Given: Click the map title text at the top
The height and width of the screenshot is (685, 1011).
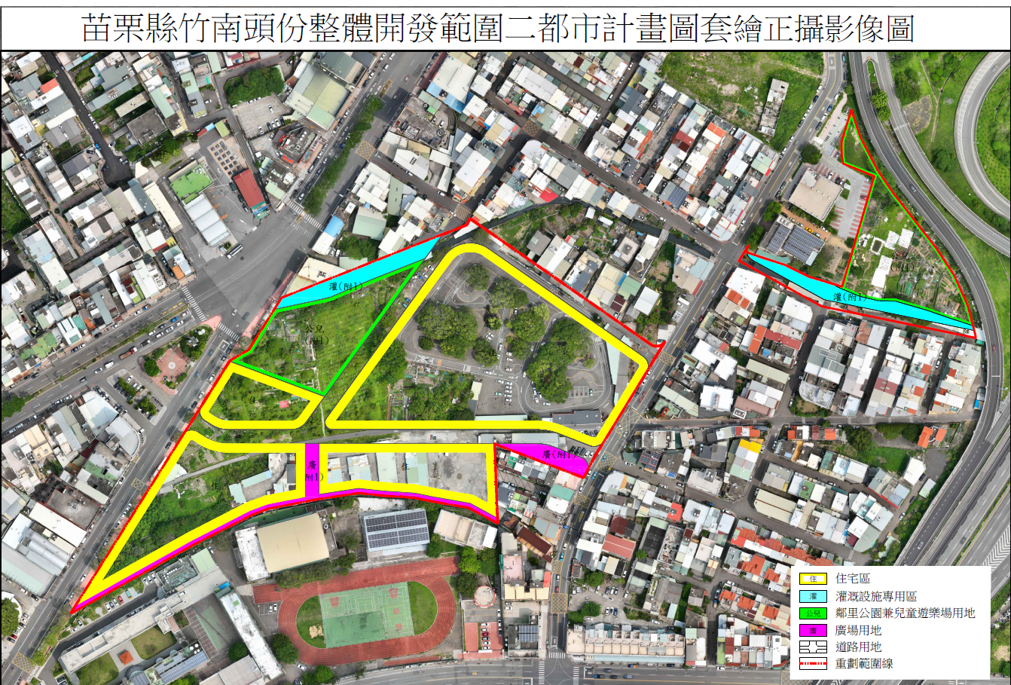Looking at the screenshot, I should tap(497, 28).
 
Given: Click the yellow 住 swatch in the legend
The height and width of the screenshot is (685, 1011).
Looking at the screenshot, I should tap(813, 579).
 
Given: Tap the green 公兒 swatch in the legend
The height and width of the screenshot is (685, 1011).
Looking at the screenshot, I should tap(813, 613).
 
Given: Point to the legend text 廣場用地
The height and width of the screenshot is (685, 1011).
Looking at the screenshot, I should tap(858, 630).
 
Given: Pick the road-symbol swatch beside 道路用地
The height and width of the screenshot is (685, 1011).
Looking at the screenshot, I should tap(813, 647).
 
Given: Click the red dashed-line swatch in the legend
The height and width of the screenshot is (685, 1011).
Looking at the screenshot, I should tap(813, 664).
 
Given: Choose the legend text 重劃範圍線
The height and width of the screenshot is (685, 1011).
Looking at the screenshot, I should tap(864, 664).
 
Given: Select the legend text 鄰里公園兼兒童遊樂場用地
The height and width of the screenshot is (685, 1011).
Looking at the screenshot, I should tap(905, 613).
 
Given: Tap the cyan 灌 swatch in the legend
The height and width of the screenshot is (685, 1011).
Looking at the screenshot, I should tap(813, 596).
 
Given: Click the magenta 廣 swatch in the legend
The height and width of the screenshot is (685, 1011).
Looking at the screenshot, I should tap(813, 630).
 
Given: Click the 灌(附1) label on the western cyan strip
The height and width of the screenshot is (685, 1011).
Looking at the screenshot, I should tap(345, 286).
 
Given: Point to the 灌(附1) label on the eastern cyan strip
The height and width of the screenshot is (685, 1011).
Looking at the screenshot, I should tap(849, 297).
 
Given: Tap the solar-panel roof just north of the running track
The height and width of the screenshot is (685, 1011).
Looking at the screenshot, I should tap(396, 529).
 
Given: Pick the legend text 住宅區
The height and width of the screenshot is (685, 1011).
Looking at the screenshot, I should tap(853, 579).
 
